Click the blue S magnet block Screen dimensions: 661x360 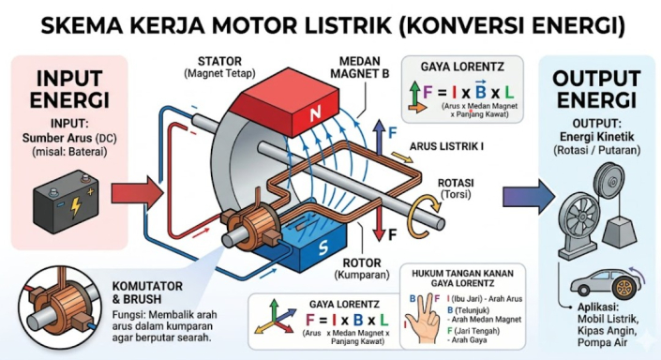click(301, 246)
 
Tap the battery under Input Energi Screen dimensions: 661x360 click(66, 201)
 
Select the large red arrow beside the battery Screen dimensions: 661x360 click(137, 194)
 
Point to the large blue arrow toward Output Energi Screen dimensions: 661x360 click(528, 196)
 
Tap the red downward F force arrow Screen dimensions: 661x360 click(380, 222)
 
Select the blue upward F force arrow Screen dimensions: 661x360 click(380, 136)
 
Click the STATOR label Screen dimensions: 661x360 click(219, 61)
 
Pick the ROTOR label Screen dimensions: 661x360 click(362, 263)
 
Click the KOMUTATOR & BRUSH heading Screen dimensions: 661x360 click(147, 292)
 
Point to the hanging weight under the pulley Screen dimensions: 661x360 click(619, 232)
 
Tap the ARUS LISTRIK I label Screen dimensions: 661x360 click(447, 146)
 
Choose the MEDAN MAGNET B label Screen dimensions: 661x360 click(360, 67)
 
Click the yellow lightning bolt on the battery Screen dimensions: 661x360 click(76, 207)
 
